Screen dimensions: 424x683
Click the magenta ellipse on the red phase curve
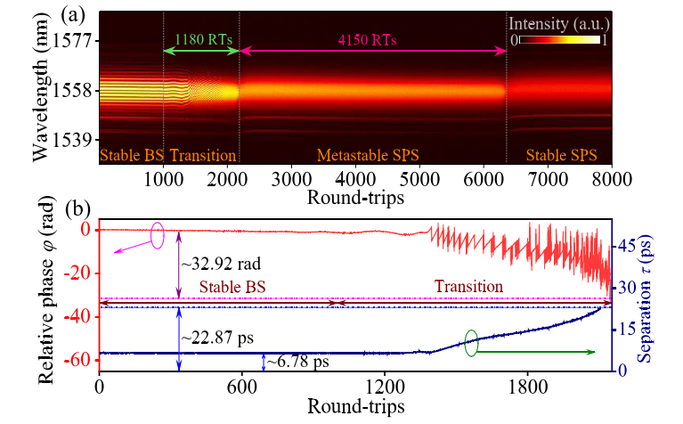(159, 235)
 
